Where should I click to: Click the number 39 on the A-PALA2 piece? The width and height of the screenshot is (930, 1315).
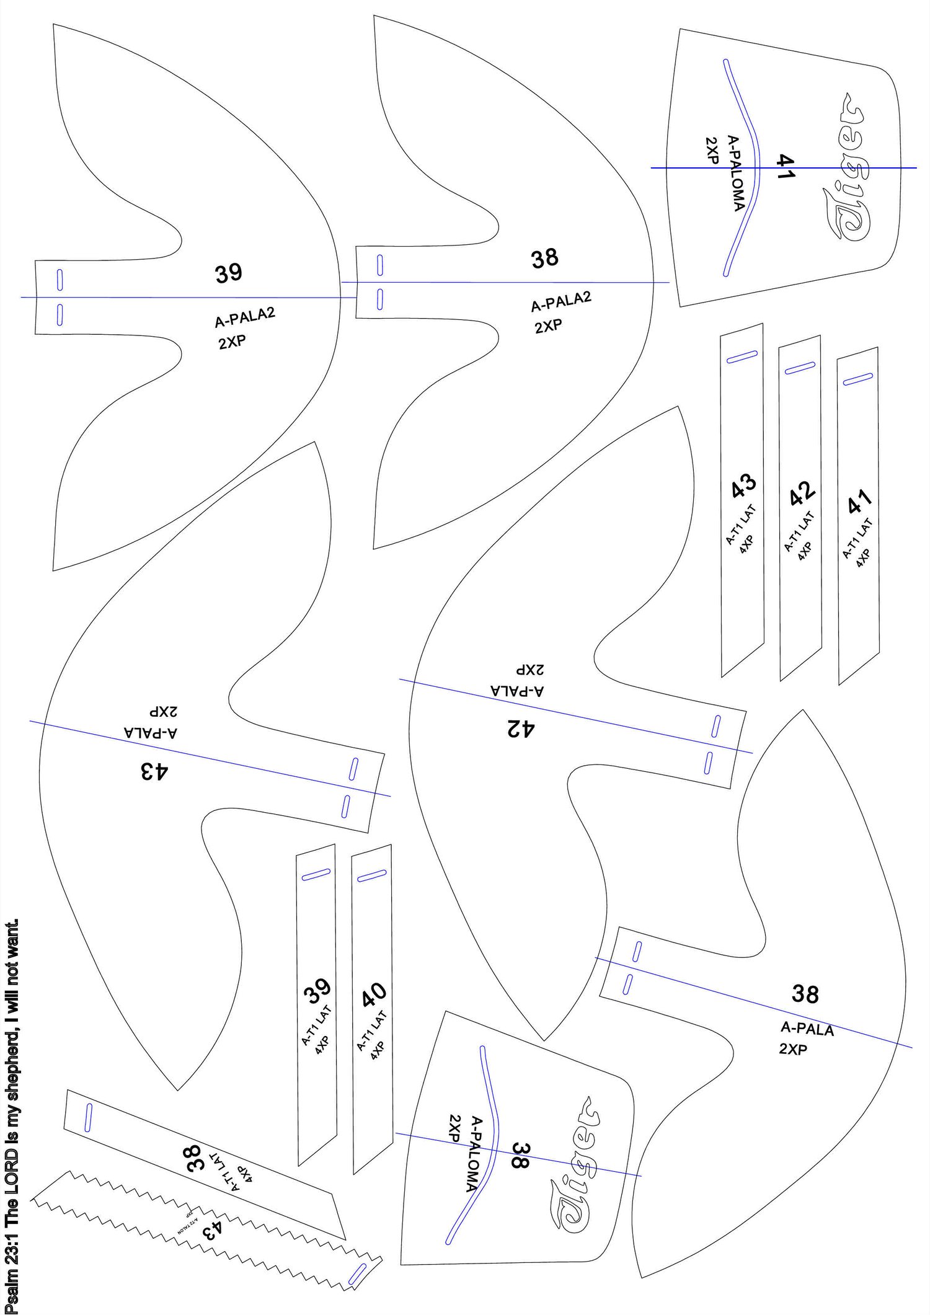tap(229, 273)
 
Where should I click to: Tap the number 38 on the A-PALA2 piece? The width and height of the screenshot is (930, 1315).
tap(545, 259)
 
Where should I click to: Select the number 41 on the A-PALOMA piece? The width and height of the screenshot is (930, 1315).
tap(785, 167)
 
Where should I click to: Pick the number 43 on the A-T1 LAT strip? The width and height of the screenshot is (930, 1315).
tap(743, 486)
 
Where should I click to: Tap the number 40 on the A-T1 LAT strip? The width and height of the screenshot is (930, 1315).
tap(374, 995)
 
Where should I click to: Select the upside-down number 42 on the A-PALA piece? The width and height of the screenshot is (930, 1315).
tap(521, 728)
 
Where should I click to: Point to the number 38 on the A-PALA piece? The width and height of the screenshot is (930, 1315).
tap(805, 994)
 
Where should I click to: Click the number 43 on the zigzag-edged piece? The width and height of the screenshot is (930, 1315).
tap(211, 1229)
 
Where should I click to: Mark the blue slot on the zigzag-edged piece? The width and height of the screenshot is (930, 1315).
tap(358, 1275)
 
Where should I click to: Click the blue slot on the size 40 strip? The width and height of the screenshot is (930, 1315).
tap(372, 876)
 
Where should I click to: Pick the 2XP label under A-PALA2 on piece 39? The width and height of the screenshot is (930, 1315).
tap(232, 342)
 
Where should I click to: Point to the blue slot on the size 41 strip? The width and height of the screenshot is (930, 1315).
tap(858, 379)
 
